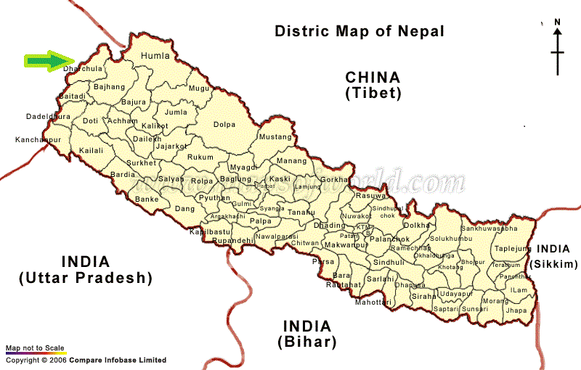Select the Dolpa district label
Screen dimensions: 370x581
point(224,125)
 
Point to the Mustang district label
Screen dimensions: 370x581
point(275,137)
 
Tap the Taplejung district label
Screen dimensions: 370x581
point(513,248)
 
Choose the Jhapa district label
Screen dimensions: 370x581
point(516,310)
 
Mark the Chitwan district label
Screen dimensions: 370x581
point(304,243)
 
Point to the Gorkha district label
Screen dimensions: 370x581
point(335,178)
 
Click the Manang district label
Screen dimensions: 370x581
point(292,161)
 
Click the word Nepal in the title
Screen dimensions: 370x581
point(420,31)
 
